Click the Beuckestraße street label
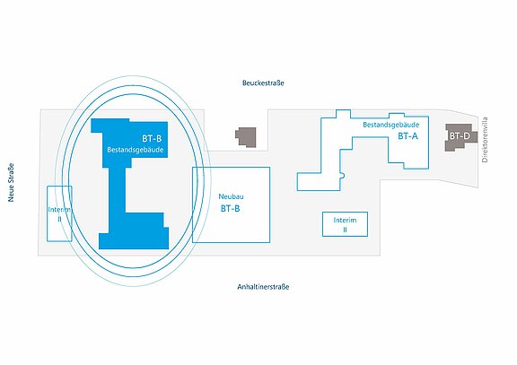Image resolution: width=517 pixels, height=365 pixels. coord(263,83)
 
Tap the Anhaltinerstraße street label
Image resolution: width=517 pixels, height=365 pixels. coord(263,287)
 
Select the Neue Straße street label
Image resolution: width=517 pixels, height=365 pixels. coord(11,183)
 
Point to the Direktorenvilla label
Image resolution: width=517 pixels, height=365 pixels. coord(485,140)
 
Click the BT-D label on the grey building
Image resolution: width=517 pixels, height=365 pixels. coord(460,135)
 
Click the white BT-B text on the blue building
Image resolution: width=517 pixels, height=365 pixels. coord(152,139)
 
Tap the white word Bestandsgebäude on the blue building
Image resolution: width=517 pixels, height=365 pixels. coord(136,150)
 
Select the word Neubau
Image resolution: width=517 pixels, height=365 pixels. coord(232,196)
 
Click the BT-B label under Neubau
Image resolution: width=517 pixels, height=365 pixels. coord(230,209)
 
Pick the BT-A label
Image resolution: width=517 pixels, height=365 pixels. coord(407,136)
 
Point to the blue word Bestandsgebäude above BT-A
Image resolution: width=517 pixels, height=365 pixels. coord(391,125)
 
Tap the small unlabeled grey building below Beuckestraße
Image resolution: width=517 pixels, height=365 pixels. coord(246,137)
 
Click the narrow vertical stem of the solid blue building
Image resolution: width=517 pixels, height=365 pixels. coord(117,190)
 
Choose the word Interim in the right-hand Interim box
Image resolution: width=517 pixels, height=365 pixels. coord(345,220)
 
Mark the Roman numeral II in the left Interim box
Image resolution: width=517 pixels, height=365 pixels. coord(59,219)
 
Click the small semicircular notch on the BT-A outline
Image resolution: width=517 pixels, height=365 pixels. coord(343,175)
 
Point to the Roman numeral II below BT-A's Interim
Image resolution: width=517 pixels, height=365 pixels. coord(345,230)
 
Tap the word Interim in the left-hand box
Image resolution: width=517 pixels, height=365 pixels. coord(59,210)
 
